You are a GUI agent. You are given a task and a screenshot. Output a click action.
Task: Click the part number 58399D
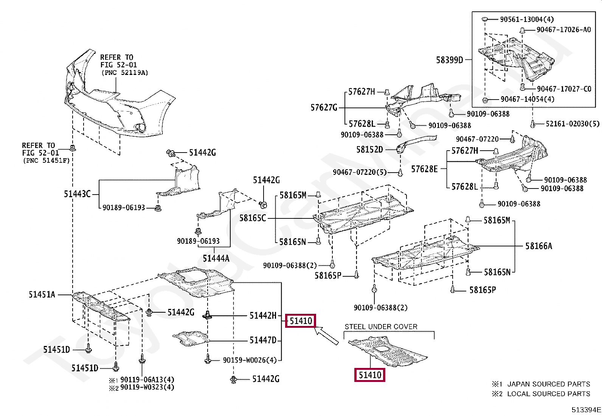coord(449,60)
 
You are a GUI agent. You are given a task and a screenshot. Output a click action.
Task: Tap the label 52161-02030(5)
coord(572,124)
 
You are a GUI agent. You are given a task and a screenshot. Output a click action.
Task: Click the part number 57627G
coord(324,108)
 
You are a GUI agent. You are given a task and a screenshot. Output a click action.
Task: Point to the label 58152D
coord(369,150)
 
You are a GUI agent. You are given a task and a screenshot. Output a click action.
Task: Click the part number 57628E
coord(424,169)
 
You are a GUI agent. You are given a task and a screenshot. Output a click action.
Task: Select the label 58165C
coord(253,218)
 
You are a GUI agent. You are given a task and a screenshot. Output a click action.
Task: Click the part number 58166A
coord(538,246)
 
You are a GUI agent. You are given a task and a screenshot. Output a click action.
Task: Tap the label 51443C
coord(77,194)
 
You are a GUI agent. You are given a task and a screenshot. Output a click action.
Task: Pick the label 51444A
coord(216,258)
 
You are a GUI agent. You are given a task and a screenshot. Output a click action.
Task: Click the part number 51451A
coord(42,294)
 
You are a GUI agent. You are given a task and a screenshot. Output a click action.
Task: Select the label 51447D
coord(263,340)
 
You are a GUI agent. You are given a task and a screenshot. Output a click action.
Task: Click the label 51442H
coord(263,315)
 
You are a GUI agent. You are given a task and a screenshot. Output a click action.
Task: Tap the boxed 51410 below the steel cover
coord(369,375)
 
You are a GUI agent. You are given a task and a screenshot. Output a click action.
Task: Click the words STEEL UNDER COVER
coord(381,327)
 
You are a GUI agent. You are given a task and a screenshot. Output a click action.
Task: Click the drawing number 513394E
coord(586,410)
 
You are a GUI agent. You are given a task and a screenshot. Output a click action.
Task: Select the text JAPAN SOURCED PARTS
coord(548,384)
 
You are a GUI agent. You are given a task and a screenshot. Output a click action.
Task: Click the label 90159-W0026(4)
coord(250,360)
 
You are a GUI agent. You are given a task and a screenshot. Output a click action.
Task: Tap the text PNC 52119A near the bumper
coord(124,73)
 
